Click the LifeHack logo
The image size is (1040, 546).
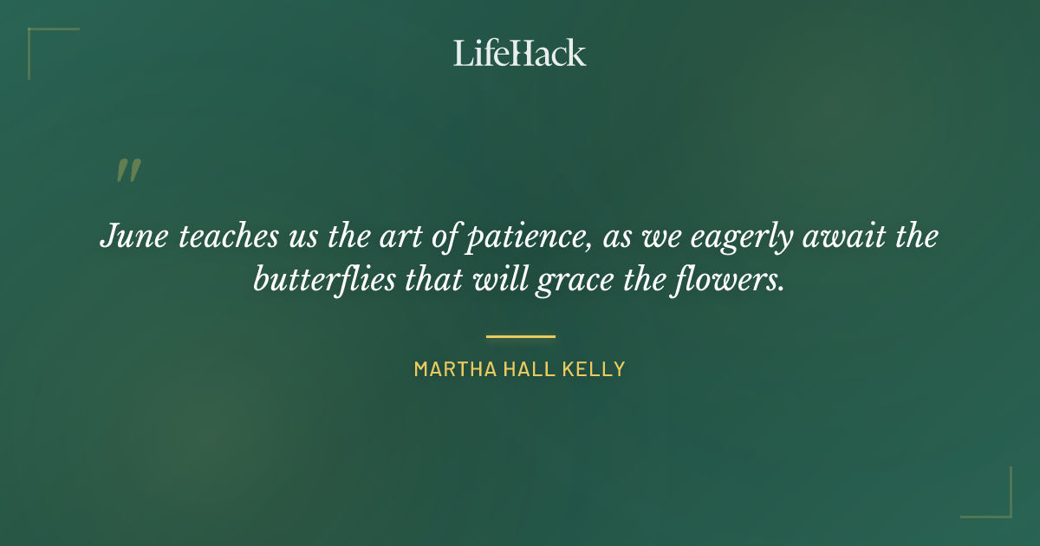pos(520,53)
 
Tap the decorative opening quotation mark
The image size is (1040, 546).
pos(128,171)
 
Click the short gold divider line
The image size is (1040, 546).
pos(520,336)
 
